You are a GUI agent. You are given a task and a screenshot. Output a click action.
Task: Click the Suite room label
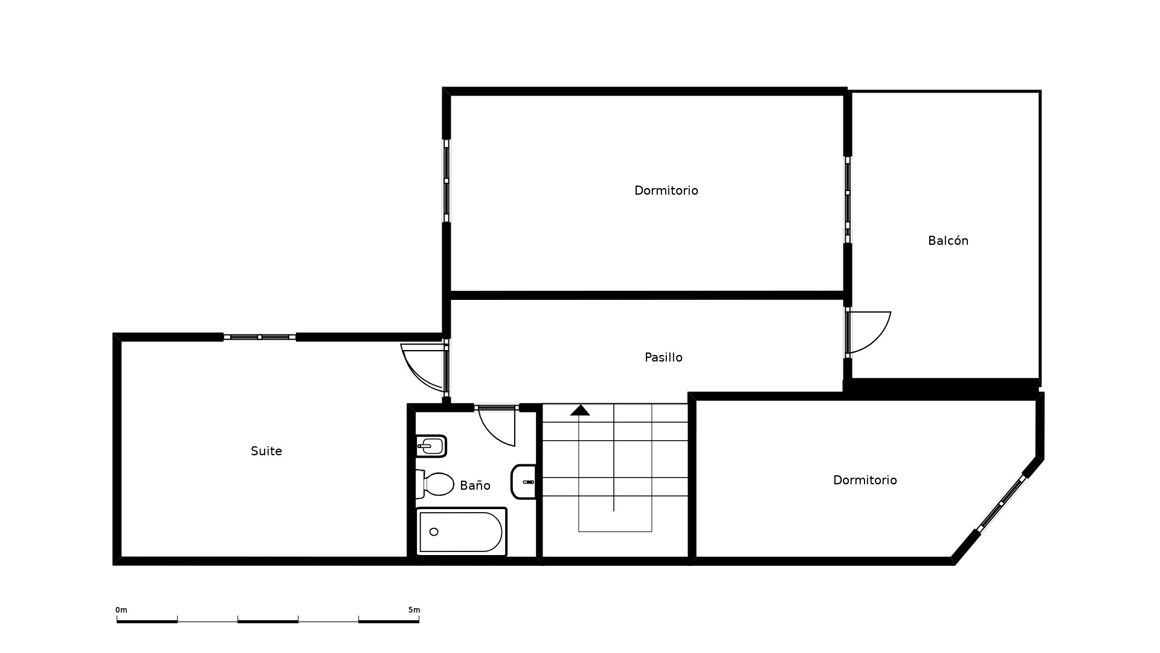(266, 451)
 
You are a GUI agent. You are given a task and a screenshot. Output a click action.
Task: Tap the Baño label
(475, 485)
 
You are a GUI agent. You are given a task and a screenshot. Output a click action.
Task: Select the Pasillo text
(663, 357)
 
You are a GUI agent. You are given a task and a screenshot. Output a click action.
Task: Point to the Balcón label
(948, 241)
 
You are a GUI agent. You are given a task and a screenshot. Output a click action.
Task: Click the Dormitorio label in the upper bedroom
(666, 190)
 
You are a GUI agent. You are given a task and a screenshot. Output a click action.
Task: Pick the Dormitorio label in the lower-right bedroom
(865, 480)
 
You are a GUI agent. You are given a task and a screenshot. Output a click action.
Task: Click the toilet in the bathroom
(434, 484)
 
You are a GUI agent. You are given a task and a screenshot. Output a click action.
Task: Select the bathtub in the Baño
(461, 532)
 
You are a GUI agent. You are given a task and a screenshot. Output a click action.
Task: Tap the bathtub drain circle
(434, 532)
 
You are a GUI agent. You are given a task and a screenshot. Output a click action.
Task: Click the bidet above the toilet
(431, 447)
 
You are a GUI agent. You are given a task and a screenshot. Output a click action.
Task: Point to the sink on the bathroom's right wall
(524, 482)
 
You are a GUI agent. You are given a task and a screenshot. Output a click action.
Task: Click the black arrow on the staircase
(580, 411)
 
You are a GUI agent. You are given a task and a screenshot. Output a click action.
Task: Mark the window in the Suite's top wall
(260, 337)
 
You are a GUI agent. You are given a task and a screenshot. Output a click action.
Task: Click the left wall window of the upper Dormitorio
(446, 181)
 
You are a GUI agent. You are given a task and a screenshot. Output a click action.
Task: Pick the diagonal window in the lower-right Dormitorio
(1000, 504)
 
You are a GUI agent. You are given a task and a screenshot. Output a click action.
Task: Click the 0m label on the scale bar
(121, 610)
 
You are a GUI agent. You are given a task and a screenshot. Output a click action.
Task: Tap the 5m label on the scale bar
(414, 610)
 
